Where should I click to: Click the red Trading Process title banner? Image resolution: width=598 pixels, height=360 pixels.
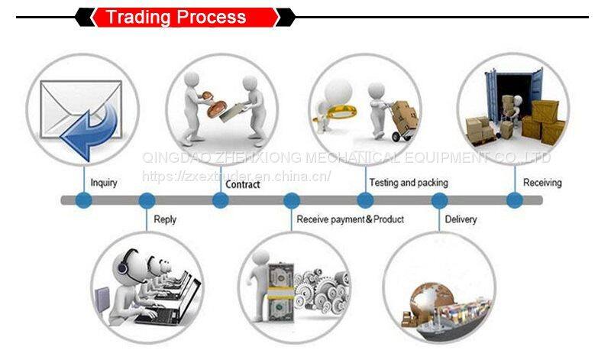coord(185,17)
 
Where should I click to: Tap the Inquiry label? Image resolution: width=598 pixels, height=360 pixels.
coord(104,183)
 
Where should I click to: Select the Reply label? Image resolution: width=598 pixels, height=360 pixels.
coord(165,219)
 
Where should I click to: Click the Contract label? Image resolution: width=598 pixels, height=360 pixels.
coord(243,184)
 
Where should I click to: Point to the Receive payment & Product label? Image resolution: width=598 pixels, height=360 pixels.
coord(350,219)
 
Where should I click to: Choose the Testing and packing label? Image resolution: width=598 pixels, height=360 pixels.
coord(409,183)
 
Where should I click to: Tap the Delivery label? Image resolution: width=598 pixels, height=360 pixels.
coord(461,219)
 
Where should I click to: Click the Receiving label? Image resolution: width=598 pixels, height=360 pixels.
coord(542,183)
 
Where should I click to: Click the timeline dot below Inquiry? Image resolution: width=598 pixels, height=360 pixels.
coord(84,200)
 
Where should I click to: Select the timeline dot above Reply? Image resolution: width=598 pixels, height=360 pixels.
coord(147,200)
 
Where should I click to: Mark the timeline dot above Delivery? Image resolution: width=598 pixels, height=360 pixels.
coord(439,200)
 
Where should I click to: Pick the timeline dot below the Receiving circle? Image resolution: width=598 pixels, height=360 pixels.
coord(515,200)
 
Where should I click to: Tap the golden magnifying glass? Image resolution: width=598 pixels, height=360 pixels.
coord(336,112)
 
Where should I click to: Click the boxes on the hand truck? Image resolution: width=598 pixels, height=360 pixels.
coord(405,115)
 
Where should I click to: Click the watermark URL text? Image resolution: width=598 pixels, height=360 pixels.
coord(237,176)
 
